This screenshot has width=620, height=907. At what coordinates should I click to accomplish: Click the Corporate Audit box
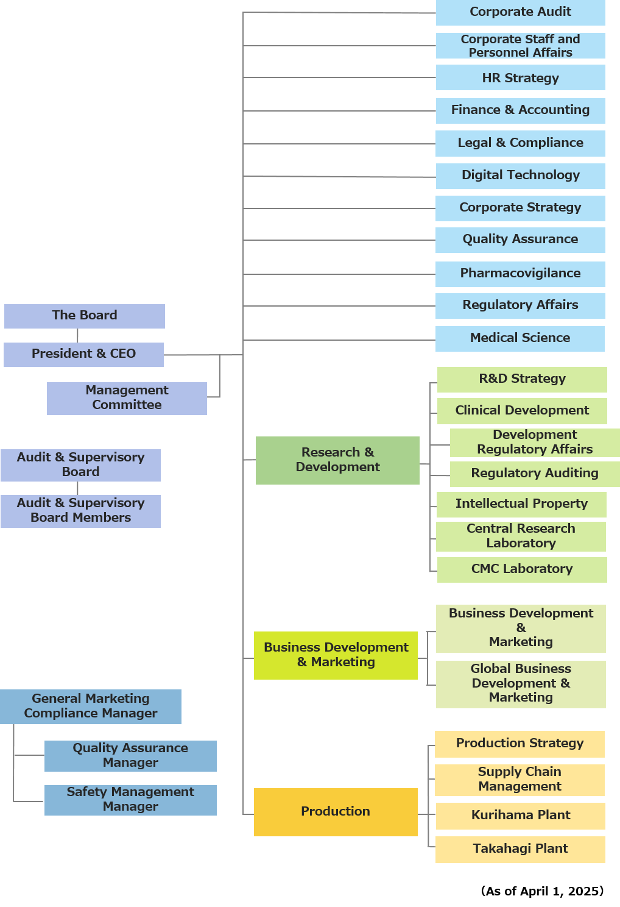coord(520,12)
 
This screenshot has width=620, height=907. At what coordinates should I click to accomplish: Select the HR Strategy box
coord(520,78)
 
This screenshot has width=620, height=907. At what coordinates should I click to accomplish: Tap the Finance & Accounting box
coord(520,110)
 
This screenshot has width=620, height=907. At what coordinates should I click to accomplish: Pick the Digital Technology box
coord(520,176)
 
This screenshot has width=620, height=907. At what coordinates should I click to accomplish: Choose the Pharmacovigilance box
coord(520,274)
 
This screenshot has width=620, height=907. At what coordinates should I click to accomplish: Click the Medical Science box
coord(520,338)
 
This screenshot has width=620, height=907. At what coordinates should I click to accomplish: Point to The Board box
coord(84,316)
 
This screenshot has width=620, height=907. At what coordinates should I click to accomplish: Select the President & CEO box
coord(83,354)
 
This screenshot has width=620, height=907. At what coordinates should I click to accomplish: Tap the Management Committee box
coord(127,398)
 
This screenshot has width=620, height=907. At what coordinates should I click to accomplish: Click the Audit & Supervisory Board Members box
coord(80,511)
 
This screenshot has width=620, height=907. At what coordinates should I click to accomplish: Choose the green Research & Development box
coord(337,460)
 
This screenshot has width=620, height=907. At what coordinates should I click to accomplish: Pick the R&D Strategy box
coord(522,379)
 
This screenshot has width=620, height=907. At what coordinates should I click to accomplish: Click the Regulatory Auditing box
coord(534,474)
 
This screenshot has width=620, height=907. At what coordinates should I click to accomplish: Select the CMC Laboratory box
coord(522,569)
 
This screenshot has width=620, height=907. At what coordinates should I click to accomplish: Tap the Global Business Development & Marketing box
coord(521,684)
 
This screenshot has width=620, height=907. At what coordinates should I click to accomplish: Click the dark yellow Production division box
coord(336,811)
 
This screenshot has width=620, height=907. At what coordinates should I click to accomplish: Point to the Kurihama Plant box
coord(520,816)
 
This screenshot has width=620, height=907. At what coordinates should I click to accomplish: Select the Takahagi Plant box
coord(520,849)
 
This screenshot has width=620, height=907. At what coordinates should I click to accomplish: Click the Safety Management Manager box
coord(130,800)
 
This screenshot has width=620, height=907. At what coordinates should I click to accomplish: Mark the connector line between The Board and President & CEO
coord(78,335)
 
